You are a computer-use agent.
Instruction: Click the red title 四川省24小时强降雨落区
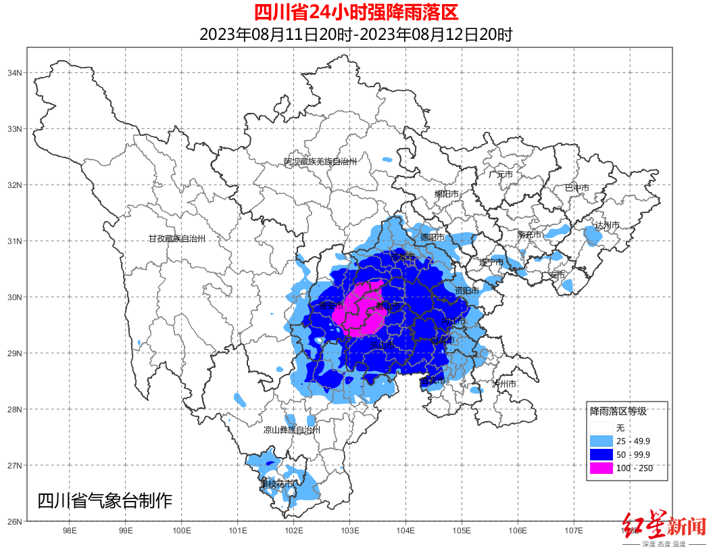click(356, 12)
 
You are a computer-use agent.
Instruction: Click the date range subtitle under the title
click(356, 34)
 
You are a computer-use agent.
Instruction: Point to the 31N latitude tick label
click(16, 241)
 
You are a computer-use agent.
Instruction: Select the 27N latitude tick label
click(16, 466)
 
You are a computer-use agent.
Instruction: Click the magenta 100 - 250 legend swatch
click(601, 468)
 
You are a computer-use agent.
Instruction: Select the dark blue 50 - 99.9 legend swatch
click(601, 454)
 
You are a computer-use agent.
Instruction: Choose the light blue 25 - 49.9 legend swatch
click(601, 441)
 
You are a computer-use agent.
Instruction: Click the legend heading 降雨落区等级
click(618, 411)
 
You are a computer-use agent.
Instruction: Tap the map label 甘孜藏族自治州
click(176, 239)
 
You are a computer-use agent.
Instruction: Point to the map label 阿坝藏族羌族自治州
click(320, 162)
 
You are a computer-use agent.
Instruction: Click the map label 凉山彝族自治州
click(291, 430)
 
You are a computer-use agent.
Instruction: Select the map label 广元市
click(501, 174)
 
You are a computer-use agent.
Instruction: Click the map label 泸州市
click(505, 384)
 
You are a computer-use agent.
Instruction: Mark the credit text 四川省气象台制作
click(105, 501)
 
